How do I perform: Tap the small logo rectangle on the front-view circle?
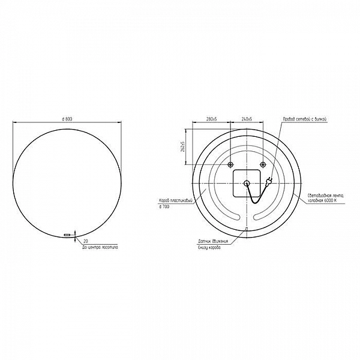click(67, 234)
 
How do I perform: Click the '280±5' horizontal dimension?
click(211, 119)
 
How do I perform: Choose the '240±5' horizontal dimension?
click(247, 119)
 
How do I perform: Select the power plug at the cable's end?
click(270, 181)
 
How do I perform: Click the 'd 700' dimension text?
click(164, 206)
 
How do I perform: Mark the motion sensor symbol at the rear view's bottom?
click(247, 228)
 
